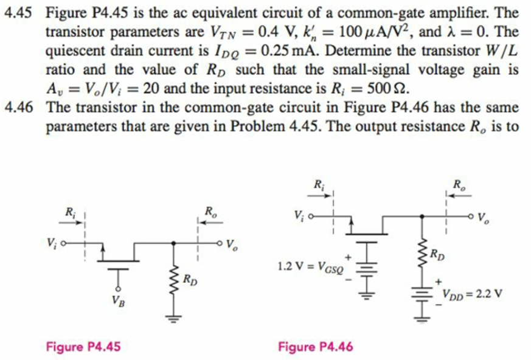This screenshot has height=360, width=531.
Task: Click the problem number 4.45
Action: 19,12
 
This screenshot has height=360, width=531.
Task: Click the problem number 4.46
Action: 19,108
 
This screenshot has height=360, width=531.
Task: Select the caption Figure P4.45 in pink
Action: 83,347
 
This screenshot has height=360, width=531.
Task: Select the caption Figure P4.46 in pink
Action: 316,347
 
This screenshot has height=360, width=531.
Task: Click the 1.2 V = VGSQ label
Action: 310,266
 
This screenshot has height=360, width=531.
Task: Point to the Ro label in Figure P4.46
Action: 457,184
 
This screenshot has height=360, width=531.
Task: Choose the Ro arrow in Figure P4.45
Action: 209,223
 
